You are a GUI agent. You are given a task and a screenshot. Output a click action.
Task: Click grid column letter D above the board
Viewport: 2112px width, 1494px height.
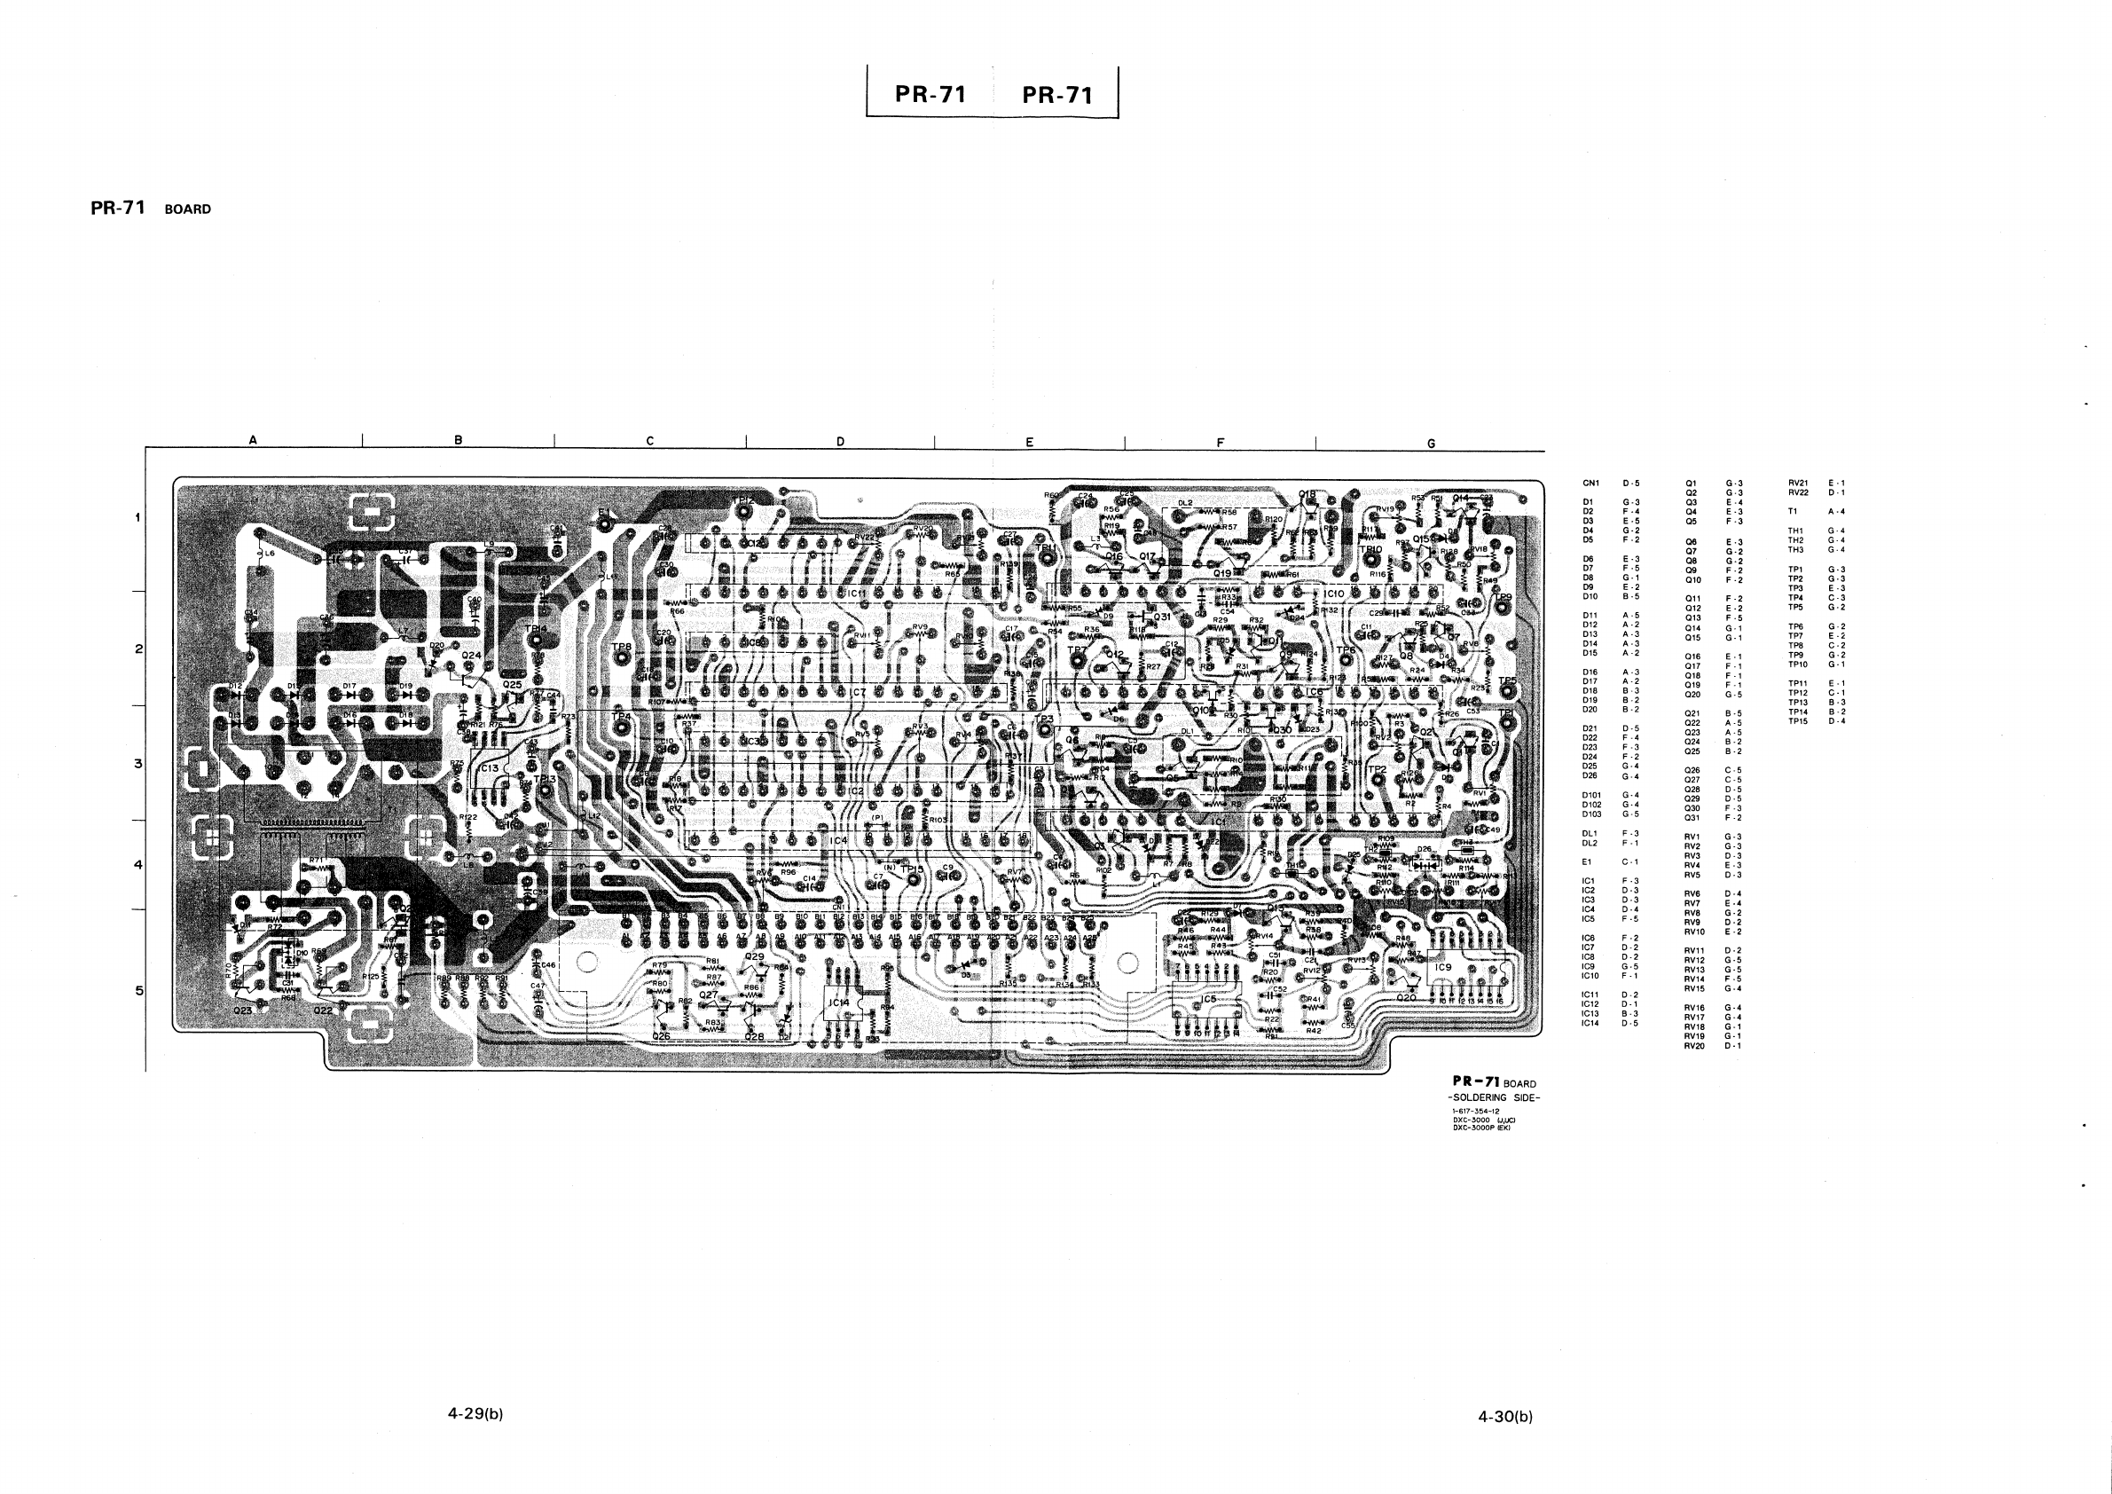[x=840, y=442]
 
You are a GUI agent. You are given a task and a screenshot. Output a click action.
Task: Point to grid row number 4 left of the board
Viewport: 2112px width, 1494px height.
[x=139, y=865]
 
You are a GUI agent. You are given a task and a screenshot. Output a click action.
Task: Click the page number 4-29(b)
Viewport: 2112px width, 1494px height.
[x=475, y=1414]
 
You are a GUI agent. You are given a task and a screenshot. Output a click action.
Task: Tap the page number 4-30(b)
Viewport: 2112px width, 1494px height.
[x=1505, y=1417]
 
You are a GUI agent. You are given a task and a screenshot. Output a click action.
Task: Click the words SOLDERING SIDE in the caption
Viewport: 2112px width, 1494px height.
[x=1495, y=1097]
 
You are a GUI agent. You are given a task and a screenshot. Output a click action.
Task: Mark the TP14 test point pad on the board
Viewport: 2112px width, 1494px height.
[x=536, y=641]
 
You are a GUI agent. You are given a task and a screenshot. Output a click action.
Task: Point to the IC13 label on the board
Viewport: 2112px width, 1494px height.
[x=489, y=768]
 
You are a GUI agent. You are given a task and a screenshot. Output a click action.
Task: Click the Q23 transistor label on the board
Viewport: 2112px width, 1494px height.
[x=243, y=1010]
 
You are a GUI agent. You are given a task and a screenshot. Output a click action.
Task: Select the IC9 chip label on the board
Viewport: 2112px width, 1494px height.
[x=1443, y=968]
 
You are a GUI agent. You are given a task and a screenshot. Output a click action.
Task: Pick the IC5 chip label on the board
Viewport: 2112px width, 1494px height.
[x=1209, y=999]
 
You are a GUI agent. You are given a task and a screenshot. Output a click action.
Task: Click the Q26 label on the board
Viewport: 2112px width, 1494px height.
[x=661, y=1037]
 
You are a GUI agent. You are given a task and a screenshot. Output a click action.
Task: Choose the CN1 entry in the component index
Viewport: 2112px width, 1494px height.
[x=1591, y=483]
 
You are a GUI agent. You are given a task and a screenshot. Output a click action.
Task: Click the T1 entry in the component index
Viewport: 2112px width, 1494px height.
[x=1793, y=512]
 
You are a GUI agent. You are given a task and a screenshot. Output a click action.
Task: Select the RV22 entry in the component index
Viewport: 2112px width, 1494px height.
[x=1797, y=492]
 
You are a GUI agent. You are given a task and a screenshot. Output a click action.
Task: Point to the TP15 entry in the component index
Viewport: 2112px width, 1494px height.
[x=1797, y=721]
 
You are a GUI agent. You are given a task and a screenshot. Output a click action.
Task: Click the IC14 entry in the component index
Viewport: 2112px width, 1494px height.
[x=1590, y=1023]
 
